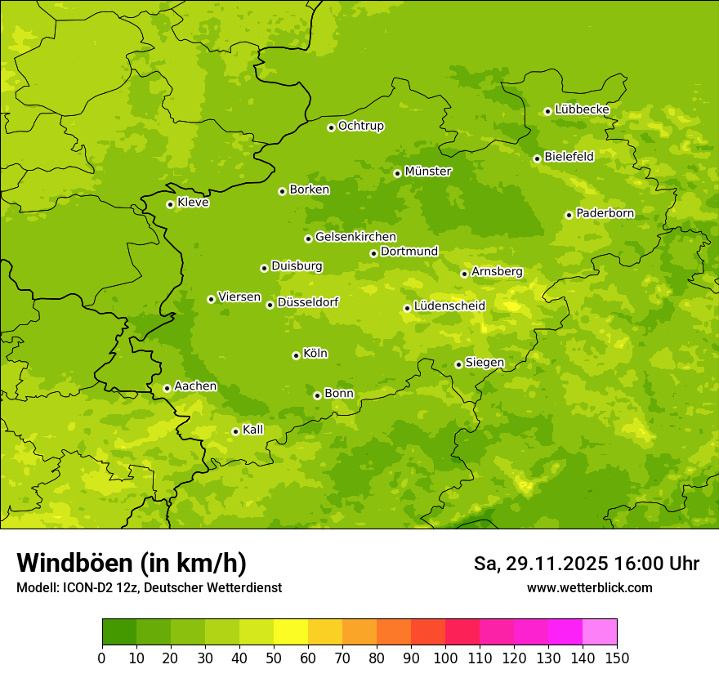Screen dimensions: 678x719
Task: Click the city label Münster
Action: [427, 172]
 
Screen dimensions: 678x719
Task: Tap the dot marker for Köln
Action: [296, 355]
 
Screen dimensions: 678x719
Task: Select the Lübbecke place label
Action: [582, 109]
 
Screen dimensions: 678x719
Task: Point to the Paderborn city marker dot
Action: [569, 215]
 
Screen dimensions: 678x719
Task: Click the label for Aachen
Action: [195, 386]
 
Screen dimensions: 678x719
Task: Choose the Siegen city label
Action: [485, 363]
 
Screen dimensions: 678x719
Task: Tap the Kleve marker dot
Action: [170, 204]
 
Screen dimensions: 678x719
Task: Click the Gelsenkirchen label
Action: [355, 237]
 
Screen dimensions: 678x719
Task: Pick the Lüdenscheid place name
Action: [449, 306]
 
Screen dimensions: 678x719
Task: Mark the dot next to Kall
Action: [235, 431]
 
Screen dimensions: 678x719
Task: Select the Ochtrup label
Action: [360, 126]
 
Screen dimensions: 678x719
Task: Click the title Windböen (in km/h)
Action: [132, 563]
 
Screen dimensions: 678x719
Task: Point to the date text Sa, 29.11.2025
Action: [540, 564]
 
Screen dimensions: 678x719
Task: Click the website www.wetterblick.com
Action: [589, 588]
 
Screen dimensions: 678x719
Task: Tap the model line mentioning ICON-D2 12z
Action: [149, 588]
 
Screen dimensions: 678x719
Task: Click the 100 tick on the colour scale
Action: [445, 658]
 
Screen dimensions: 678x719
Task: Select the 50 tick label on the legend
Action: [274, 658]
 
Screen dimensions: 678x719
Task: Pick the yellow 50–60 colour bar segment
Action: [291, 632]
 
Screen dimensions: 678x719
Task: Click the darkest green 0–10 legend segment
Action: [119, 632]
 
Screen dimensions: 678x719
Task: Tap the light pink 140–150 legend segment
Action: [600, 632]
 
